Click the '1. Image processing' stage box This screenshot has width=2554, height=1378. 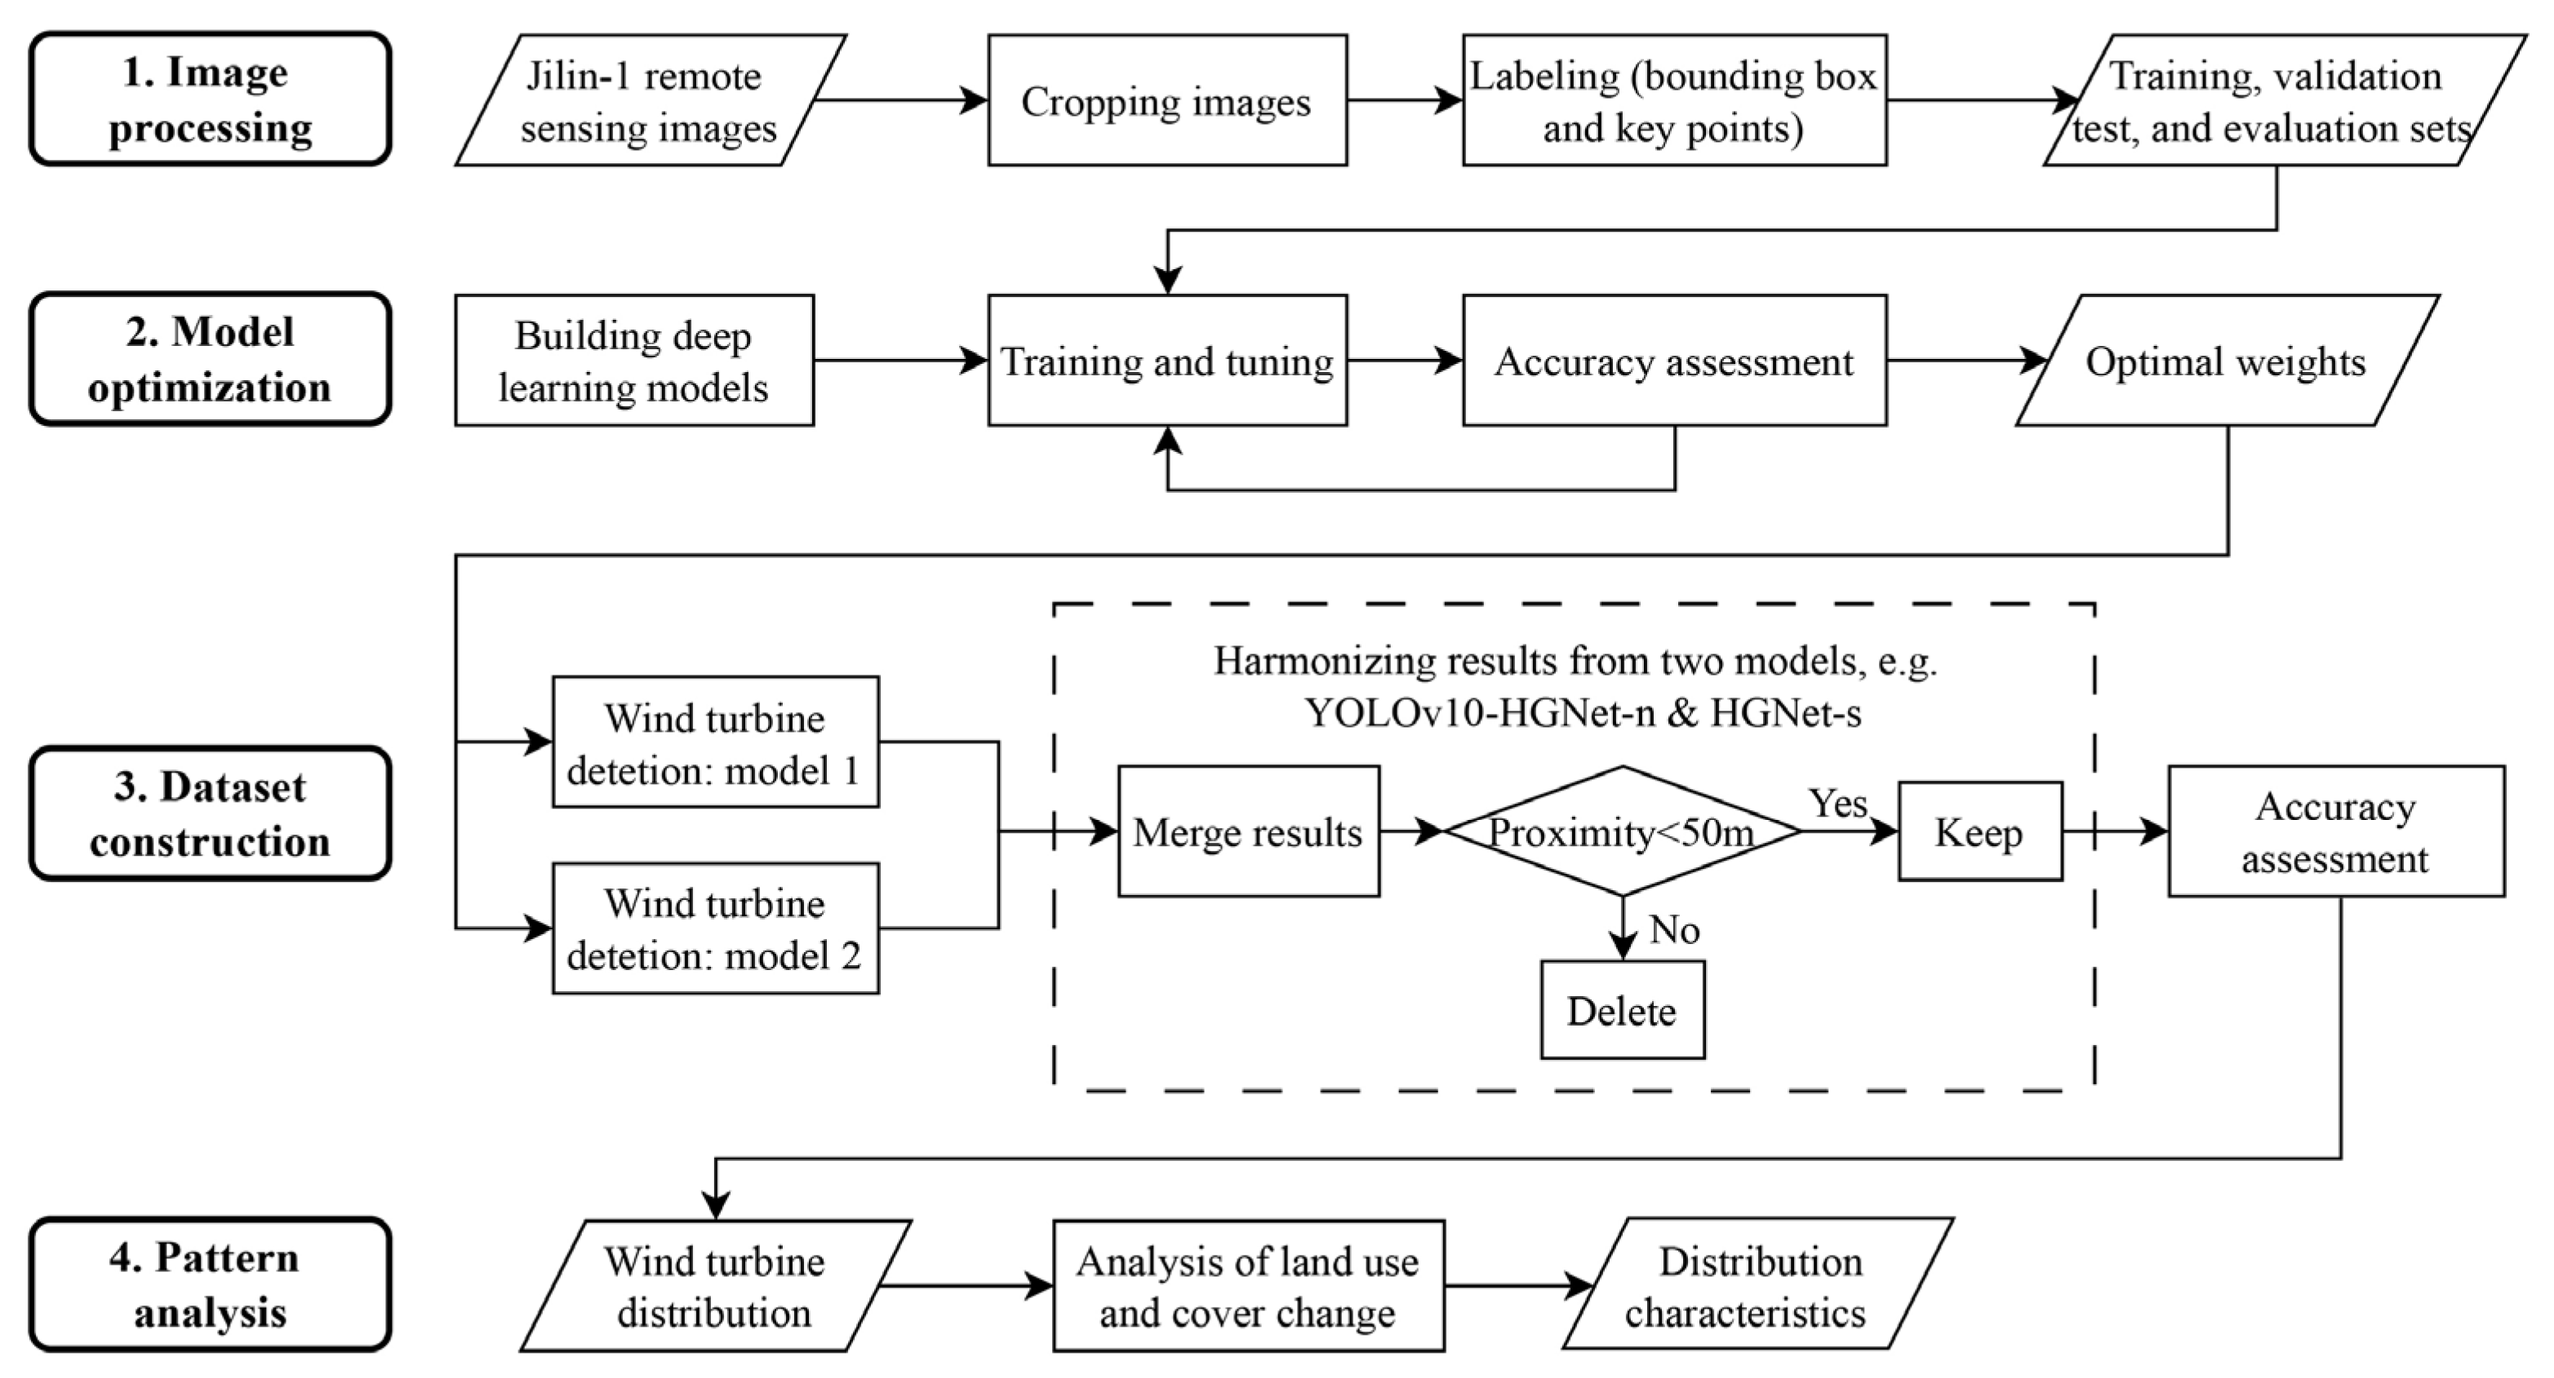[209, 100]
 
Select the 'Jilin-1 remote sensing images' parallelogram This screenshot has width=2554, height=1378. [650, 100]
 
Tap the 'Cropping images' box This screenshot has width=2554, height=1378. [1167, 100]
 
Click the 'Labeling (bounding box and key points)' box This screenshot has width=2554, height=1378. [1673, 100]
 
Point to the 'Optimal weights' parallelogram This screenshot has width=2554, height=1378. [2226, 361]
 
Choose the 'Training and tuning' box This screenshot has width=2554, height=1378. [1167, 361]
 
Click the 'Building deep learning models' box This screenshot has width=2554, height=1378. [633, 361]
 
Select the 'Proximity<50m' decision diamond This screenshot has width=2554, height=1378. [1622, 831]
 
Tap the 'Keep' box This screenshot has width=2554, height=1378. [1979, 831]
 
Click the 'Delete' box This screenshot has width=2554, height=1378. [1622, 1010]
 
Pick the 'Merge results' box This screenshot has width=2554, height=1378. [1247, 831]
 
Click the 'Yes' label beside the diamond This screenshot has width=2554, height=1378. [1837, 803]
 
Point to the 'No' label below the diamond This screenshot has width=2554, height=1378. [1673, 930]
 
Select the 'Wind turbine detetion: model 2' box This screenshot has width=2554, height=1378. [715, 929]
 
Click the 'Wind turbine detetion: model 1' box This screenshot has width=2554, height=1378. [715, 742]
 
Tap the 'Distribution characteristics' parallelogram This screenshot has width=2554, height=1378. [1757, 1286]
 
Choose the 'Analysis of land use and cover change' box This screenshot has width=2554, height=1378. [1247, 1286]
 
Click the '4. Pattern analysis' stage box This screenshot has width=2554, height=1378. [209, 1285]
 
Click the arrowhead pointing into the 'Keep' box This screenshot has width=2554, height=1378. [1885, 831]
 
